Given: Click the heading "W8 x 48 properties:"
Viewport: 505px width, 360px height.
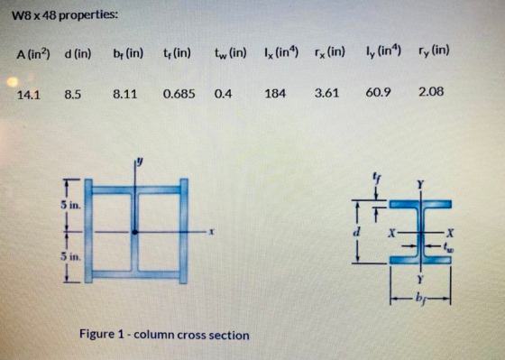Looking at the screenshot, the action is pyautogui.click(x=65, y=15).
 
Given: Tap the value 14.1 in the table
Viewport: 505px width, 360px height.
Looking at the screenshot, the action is pyautogui.click(x=28, y=95).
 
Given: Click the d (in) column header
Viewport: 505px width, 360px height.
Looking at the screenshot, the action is pyautogui.click(x=78, y=53).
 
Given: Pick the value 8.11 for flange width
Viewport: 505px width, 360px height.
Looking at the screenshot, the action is pyautogui.click(x=125, y=94).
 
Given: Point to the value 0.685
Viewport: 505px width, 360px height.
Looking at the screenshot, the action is pyautogui.click(x=179, y=94).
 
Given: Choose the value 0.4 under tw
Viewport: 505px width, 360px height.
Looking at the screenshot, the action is pyautogui.click(x=223, y=94).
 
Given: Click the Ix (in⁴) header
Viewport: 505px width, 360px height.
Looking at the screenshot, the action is pyautogui.click(x=280, y=52).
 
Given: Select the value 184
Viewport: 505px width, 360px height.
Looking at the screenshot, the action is pyautogui.click(x=275, y=94).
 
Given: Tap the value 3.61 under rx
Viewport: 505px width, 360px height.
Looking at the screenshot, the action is pyautogui.click(x=326, y=93).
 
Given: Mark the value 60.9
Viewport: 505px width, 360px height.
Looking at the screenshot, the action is pyautogui.click(x=378, y=93).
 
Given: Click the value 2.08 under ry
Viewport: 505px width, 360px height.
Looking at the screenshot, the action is pyautogui.click(x=431, y=92).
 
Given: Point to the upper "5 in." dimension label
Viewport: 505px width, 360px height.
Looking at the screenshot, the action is pyautogui.click(x=71, y=205).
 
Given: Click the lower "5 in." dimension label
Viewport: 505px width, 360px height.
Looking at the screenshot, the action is pyautogui.click(x=71, y=257).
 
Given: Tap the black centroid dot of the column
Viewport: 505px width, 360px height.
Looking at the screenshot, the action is pyautogui.click(x=135, y=232).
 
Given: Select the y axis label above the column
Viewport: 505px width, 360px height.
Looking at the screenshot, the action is pyautogui.click(x=140, y=161).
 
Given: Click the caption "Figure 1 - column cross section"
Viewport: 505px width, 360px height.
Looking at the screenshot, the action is pyautogui.click(x=164, y=335).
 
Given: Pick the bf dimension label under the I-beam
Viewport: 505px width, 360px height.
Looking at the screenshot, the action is pyautogui.click(x=420, y=298).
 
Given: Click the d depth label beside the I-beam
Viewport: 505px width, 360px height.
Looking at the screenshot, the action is pyautogui.click(x=357, y=231).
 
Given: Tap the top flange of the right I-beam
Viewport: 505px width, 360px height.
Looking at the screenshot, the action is pyautogui.click(x=420, y=204).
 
